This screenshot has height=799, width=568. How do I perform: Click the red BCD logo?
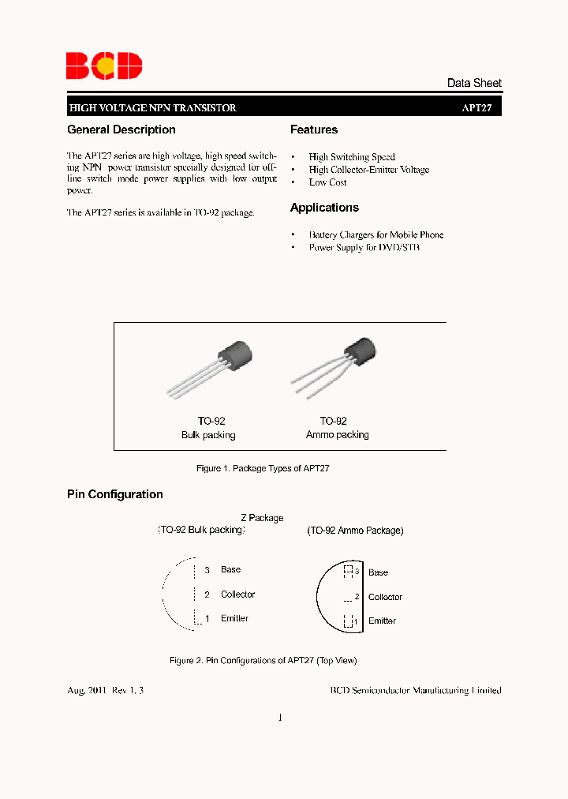pyautogui.click(x=104, y=66)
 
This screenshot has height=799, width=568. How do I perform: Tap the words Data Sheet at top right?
pyautogui.click(x=473, y=83)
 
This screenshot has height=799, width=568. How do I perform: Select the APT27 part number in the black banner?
pyautogui.click(x=476, y=108)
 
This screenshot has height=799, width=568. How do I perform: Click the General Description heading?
pyautogui.click(x=121, y=129)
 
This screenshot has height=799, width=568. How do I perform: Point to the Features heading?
pyautogui.click(x=314, y=129)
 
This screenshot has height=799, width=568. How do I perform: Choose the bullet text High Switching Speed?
pyautogui.click(x=352, y=157)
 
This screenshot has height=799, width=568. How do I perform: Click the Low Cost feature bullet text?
pyautogui.click(x=327, y=182)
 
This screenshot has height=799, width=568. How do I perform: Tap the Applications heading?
pyautogui.click(x=324, y=208)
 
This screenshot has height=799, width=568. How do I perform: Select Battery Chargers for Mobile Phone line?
pyautogui.click(x=376, y=234)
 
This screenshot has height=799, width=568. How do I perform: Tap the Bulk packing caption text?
pyautogui.click(x=208, y=435)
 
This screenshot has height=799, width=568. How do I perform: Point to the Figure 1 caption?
pyautogui.click(x=263, y=468)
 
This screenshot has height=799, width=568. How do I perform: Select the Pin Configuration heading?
pyautogui.click(x=115, y=494)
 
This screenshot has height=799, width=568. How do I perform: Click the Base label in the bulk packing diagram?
pyautogui.click(x=230, y=569)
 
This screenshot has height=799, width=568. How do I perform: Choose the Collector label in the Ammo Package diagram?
pyautogui.click(x=385, y=597)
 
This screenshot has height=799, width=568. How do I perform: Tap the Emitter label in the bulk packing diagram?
pyautogui.click(x=234, y=618)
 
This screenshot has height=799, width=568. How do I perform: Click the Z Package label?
pyautogui.click(x=262, y=518)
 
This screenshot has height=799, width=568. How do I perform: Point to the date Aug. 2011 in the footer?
pyautogui.click(x=87, y=690)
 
